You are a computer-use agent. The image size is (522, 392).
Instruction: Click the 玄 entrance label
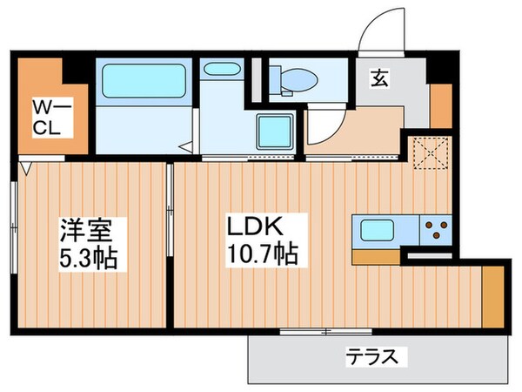380,78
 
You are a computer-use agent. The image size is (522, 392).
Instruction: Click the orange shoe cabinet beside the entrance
441,107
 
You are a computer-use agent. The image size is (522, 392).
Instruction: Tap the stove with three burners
435,232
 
